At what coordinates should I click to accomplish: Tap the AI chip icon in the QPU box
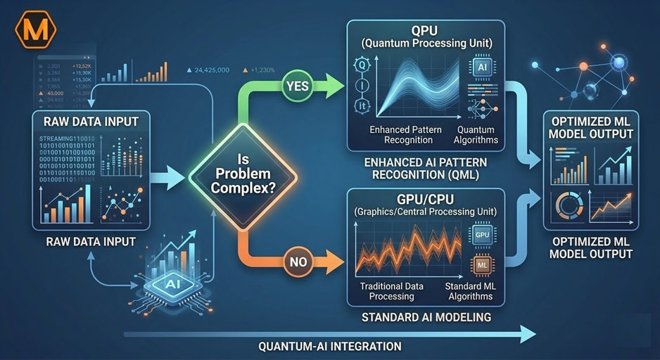coord(481,67)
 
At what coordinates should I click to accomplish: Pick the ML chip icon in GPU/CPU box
coord(482,265)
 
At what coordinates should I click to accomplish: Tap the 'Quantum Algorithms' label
coord(476,134)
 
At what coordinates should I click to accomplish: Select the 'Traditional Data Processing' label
coord(391,291)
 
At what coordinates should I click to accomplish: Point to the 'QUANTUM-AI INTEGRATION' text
coord(329,346)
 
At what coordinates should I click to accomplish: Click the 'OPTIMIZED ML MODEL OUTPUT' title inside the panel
coord(592,128)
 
